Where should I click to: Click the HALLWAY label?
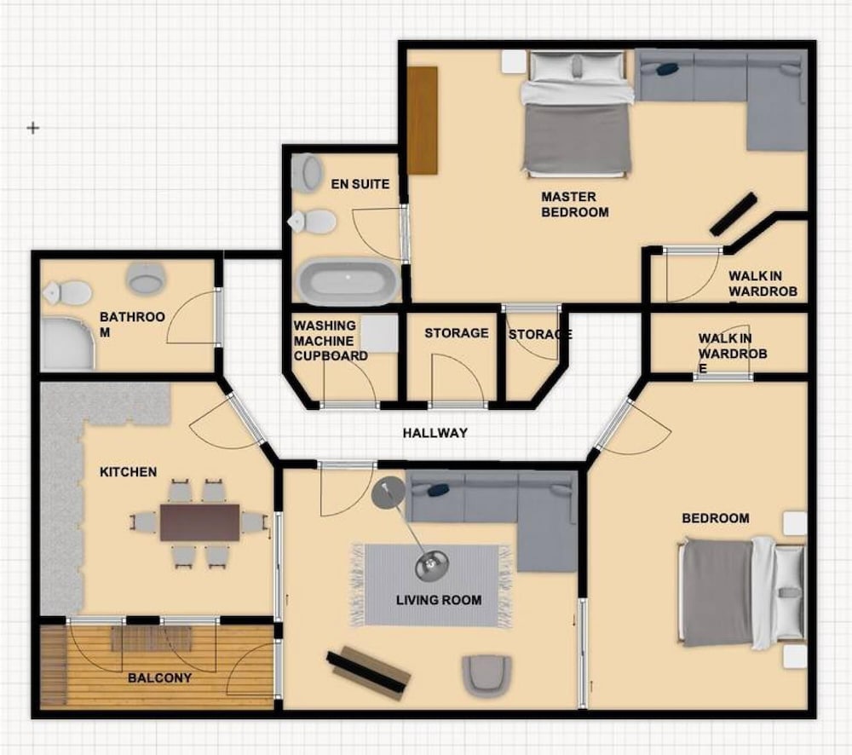click(435, 433)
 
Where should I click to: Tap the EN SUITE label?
click(360, 184)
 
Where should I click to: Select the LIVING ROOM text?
click(439, 600)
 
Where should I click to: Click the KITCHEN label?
click(129, 472)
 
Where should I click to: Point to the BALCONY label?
click(160, 677)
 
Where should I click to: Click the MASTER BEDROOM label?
click(575, 205)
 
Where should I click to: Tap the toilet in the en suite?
click(313, 222)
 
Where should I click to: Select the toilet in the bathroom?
click(67, 293)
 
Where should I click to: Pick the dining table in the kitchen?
click(200, 522)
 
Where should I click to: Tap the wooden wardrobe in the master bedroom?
click(423, 120)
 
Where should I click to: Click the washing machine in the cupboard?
click(380, 333)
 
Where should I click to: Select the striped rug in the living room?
click(431, 585)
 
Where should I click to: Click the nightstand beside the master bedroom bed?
click(514, 61)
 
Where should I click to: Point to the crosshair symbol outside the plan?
click(33, 128)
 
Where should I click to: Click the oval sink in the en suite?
click(307, 172)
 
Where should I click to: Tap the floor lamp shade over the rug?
click(432, 565)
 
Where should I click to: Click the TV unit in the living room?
click(368, 672)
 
